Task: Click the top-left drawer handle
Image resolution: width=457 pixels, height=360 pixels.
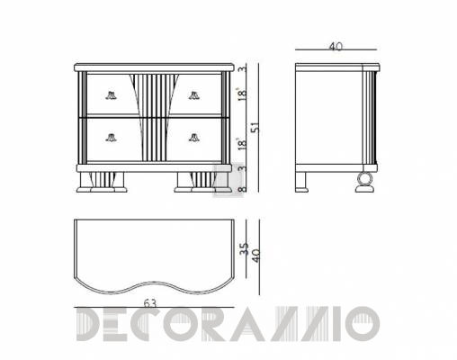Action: point(111,95)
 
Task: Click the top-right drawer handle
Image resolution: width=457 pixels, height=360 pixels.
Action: point(194,95)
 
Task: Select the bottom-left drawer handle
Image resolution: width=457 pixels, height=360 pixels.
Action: point(111,138)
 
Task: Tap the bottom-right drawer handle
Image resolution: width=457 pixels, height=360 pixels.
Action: point(194,138)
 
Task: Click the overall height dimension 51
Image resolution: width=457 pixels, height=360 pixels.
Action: point(255,128)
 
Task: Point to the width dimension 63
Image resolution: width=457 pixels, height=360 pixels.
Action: point(150,303)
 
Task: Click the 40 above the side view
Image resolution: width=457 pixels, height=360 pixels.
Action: point(336,47)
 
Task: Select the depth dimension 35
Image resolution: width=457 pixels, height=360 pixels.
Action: point(245,248)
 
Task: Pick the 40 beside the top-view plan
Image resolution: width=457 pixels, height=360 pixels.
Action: point(255,256)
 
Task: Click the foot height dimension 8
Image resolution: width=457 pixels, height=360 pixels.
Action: point(243,189)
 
